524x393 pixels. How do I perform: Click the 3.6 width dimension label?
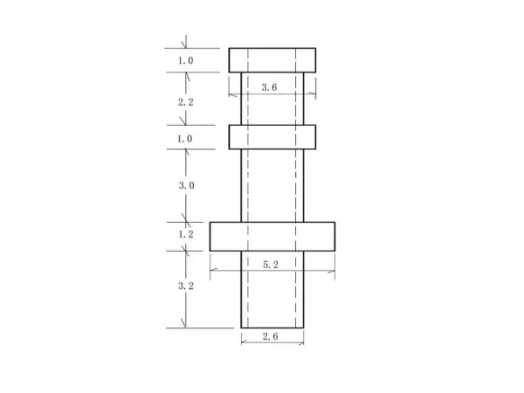(270, 86)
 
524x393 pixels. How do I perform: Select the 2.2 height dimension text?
(185, 102)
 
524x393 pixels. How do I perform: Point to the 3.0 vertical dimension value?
(185, 185)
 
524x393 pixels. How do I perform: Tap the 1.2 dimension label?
(185, 235)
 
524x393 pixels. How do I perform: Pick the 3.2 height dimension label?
(185, 286)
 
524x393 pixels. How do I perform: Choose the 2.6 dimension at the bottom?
(271, 336)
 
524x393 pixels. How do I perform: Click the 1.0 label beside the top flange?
(185, 61)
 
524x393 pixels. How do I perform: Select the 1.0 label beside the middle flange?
(185, 138)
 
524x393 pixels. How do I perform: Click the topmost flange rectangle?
(272, 60)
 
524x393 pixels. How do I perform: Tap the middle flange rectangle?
(272, 137)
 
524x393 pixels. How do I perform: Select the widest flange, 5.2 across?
(272, 236)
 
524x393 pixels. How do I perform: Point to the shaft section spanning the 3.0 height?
(272, 185)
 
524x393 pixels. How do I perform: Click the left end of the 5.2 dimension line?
(210, 270)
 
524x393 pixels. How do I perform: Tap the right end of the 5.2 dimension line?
(334, 270)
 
